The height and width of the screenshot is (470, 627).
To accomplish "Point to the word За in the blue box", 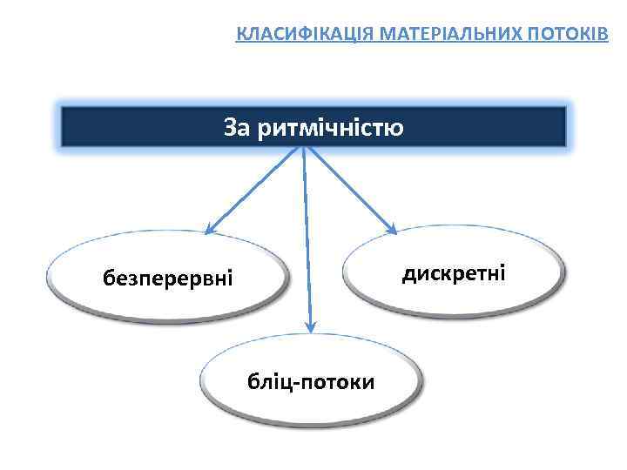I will click(237, 128).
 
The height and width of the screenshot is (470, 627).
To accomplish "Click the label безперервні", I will click(168, 279).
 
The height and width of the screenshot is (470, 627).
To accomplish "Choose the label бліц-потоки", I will click(311, 381).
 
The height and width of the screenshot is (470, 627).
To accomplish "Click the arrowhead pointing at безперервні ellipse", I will click(209, 230).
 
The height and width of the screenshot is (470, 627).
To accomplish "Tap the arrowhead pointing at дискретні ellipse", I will click(392, 229).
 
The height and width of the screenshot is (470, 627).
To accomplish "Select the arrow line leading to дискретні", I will click(348, 187).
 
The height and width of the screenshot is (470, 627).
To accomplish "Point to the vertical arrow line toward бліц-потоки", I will click(306, 244).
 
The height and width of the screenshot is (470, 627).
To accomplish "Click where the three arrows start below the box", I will click(302, 148).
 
